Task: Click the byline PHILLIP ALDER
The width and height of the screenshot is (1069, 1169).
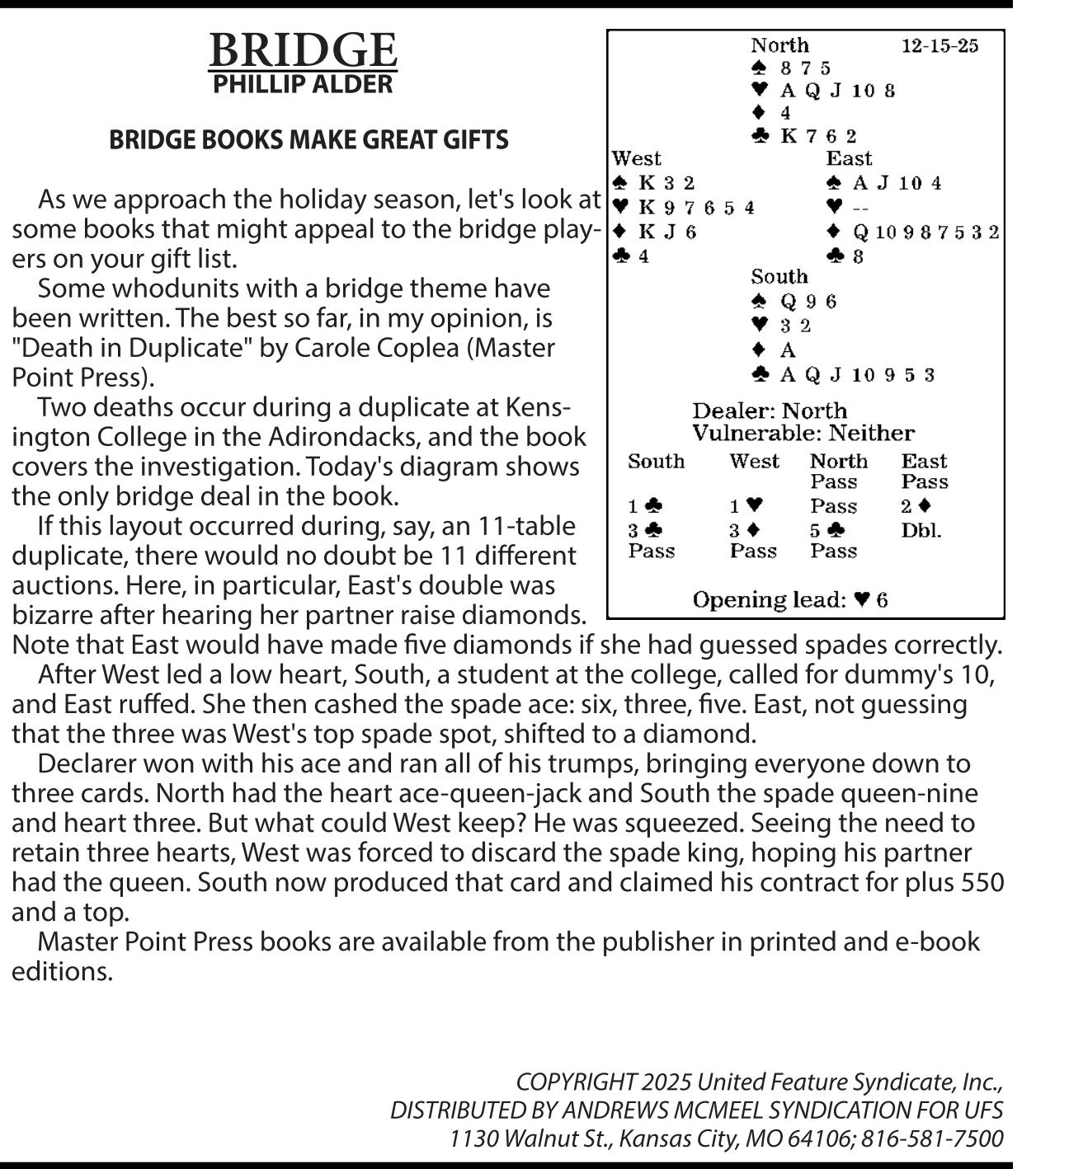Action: tap(303, 84)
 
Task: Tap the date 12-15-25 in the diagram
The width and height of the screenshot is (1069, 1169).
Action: tap(939, 45)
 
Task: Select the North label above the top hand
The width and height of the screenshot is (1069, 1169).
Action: tap(779, 45)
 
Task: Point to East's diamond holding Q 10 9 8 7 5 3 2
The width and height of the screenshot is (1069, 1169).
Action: tap(914, 232)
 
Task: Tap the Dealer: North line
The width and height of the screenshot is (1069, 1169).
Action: tap(769, 411)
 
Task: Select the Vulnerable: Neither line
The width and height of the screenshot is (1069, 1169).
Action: tap(803, 433)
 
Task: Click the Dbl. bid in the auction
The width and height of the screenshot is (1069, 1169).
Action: tap(921, 530)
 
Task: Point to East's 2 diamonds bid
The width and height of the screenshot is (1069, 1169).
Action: tap(916, 506)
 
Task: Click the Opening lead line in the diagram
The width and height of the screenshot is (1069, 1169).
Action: tap(789, 599)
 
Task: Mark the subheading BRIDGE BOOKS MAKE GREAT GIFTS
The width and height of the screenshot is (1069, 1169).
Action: tap(308, 140)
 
